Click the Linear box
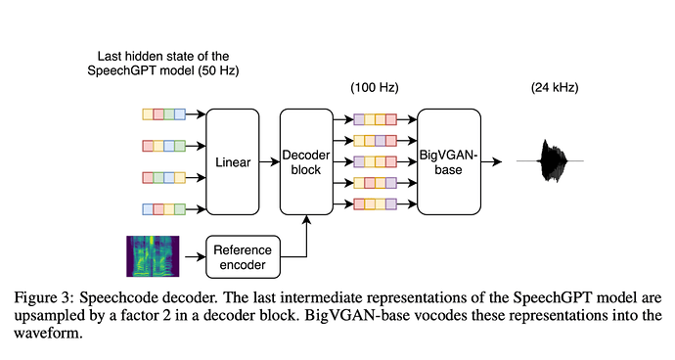pos(233,162)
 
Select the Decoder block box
pos(306,162)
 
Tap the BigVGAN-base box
pos(449,162)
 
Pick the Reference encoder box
pos(243,257)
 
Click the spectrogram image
pos(153,256)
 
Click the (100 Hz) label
pos(375,87)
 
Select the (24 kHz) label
pos(555,87)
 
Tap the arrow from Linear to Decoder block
pos(269,162)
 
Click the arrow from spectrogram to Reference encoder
pos(196,257)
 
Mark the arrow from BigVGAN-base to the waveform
pos(491,162)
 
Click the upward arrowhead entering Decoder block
pos(306,219)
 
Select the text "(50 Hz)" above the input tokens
pos(218,70)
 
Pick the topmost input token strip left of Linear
pos(164,114)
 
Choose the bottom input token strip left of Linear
pos(164,209)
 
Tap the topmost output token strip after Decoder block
pos(375,119)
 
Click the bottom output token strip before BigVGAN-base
pos(375,203)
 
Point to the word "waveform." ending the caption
pos(48,333)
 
